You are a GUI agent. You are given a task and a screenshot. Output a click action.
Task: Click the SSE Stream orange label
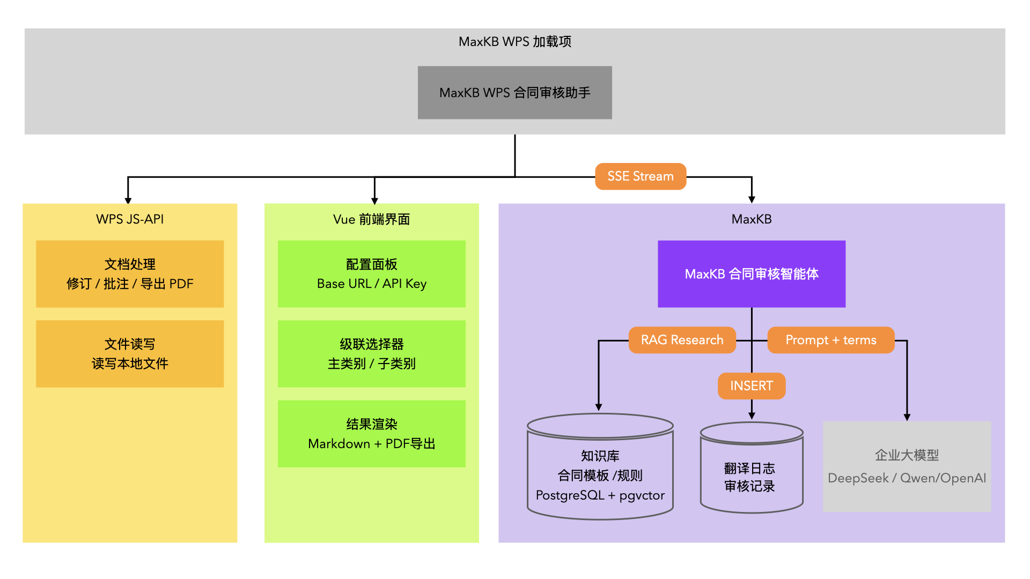(x=641, y=176)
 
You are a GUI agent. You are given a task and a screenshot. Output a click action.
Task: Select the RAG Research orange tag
(x=682, y=340)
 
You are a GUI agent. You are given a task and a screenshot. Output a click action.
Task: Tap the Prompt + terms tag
(x=830, y=340)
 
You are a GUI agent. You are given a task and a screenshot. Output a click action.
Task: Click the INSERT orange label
(x=751, y=386)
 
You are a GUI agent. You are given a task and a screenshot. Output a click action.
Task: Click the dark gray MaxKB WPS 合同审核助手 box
(x=514, y=93)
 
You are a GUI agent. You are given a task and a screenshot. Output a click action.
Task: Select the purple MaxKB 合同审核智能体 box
(x=751, y=274)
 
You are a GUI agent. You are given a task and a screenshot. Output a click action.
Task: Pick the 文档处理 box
(x=130, y=274)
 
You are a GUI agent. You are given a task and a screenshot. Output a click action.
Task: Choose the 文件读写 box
(x=130, y=354)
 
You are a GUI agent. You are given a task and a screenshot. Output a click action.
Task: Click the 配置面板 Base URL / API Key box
(x=371, y=274)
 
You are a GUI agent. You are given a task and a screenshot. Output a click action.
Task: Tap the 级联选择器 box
(x=371, y=354)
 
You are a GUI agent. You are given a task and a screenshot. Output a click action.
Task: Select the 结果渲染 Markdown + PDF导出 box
(x=371, y=434)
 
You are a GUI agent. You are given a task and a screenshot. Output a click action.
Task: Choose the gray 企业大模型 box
(x=907, y=466)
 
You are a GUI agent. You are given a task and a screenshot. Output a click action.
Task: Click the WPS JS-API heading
(x=130, y=219)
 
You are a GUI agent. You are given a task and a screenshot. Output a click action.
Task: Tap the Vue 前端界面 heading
(x=371, y=219)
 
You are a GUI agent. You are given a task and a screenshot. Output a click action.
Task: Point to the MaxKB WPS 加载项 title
(x=514, y=42)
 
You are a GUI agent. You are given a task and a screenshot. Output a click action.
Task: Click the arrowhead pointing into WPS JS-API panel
(x=128, y=201)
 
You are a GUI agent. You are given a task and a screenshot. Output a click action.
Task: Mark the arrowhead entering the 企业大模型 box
(x=907, y=417)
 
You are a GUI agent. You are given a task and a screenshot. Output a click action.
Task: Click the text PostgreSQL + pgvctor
(x=600, y=495)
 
